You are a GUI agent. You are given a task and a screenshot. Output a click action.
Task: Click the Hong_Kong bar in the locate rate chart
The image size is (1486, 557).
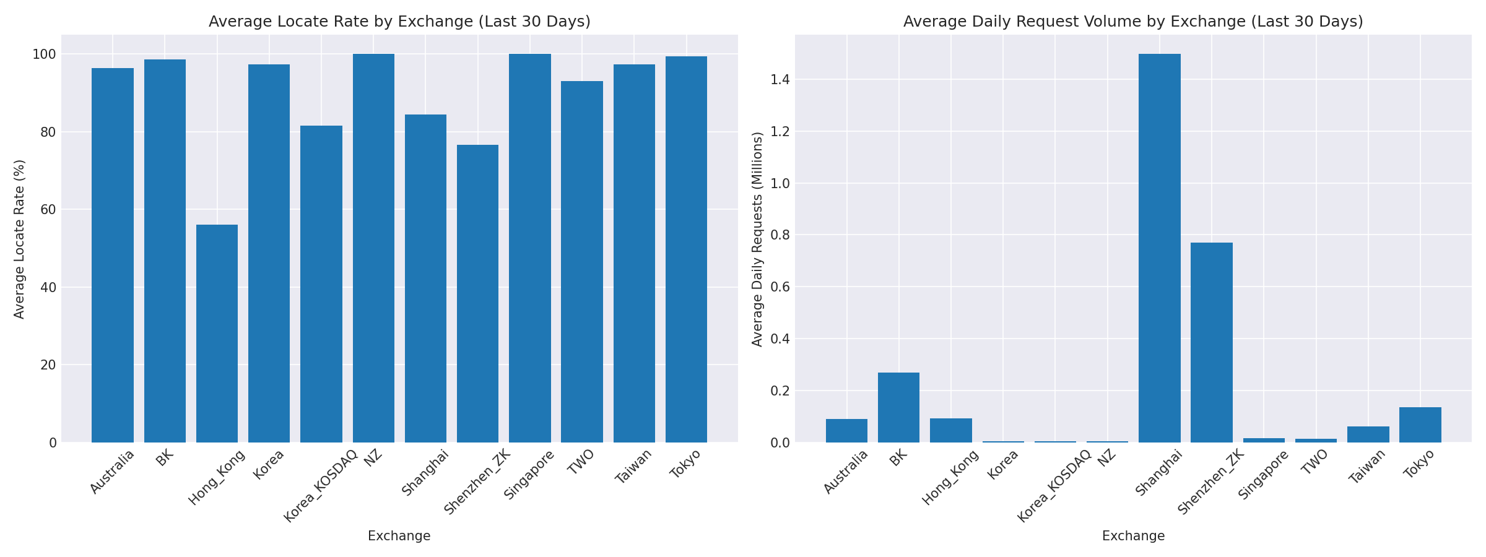tap(217, 334)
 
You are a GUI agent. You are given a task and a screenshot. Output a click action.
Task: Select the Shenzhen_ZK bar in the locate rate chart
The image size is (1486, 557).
tap(477, 294)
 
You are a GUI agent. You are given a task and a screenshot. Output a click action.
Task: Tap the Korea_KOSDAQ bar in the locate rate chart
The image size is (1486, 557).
tap(321, 285)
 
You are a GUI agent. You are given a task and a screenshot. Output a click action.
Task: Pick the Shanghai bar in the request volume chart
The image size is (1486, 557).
tap(1159, 248)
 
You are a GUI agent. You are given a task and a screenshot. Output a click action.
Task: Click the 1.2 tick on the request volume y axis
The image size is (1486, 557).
tap(778, 132)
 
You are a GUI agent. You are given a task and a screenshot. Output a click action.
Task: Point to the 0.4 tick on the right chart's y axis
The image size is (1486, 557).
tap(778, 339)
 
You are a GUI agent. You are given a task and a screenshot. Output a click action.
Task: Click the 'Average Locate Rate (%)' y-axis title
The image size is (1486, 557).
tap(19, 239)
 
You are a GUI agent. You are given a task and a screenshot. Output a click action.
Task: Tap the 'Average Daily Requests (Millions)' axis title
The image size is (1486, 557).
tap(757, 239)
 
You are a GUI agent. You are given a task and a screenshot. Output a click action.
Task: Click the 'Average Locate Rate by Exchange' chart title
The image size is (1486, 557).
tap(399, 22)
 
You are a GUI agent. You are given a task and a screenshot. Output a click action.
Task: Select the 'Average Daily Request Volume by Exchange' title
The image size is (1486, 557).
tap(1133, 22)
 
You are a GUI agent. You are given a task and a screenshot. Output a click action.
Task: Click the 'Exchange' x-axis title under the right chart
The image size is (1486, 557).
tap(1133, 536)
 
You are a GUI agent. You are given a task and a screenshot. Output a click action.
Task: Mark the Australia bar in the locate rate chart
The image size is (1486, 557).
tap(113, 255)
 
